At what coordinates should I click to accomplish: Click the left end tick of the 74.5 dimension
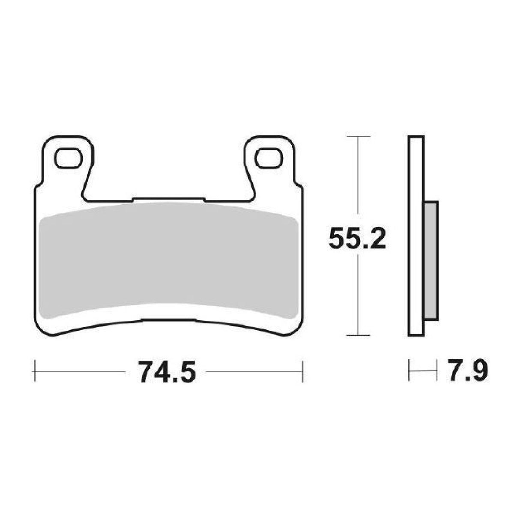click(x=34, y=371)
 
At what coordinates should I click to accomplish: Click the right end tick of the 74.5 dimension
click(x=303, y=371)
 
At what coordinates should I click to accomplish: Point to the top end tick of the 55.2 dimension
click(x=357, y=137)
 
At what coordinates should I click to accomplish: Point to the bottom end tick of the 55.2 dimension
click(x=357, y=335)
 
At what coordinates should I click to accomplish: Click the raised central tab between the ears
click(x=168, y=200)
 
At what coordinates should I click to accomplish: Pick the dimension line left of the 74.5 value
click(x=81, y=371)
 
